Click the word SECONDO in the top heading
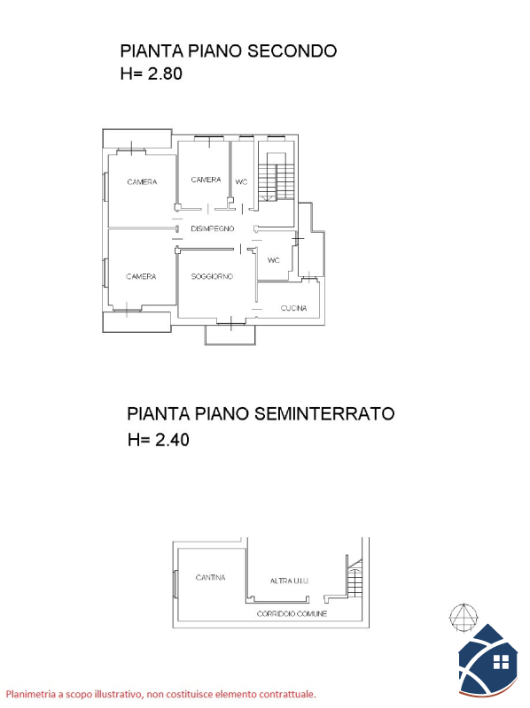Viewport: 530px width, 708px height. click(x=292, y=51)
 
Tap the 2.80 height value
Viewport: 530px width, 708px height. click(x=165, y=73)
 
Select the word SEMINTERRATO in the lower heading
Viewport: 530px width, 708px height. click(x=324, y=413)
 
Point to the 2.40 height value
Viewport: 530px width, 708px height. click(x=172, y=439)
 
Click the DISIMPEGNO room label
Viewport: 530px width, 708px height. click(x=213, y=228)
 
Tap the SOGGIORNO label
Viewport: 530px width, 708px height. click(x=212, y=276)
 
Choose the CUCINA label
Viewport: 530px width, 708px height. click(x=294, y=308)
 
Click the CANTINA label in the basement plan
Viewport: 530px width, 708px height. click(x=210, y=577)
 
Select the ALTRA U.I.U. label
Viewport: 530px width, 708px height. click(x=290, y=581)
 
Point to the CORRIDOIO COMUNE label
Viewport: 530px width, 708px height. click(x=292, y=613)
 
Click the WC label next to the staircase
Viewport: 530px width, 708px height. click(x=241, y=182)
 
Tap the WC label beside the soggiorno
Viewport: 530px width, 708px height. click(x=274, y=260)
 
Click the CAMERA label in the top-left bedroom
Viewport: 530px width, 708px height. click(x=142, y=182)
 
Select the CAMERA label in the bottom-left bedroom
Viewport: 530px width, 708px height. click(x=141, y=276)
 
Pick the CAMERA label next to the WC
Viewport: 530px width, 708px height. click(x=206, y=180)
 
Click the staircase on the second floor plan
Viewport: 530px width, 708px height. click(x=277, y=176)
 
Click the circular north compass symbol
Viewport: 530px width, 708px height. click(x=464, y=617)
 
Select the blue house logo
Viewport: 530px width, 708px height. click(x=488, y=660)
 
